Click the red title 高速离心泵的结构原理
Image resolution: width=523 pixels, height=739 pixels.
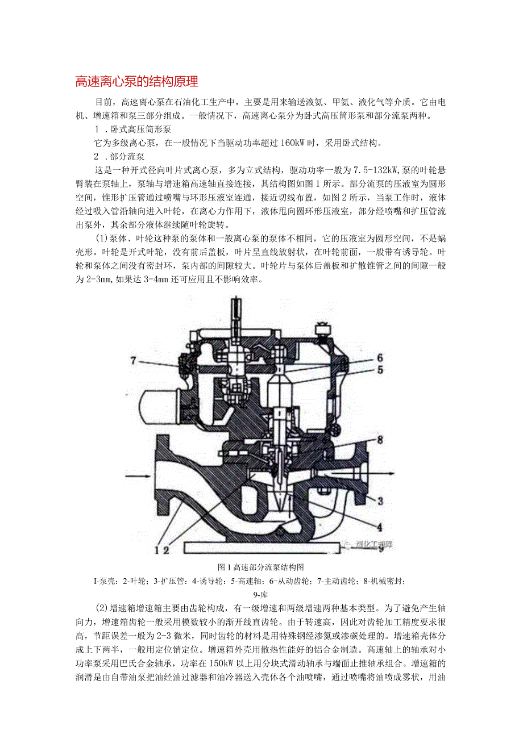137,82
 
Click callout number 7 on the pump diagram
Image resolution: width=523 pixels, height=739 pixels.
134,360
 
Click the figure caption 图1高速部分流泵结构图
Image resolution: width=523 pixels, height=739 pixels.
261,567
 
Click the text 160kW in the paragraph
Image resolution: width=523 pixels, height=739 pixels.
296,143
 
